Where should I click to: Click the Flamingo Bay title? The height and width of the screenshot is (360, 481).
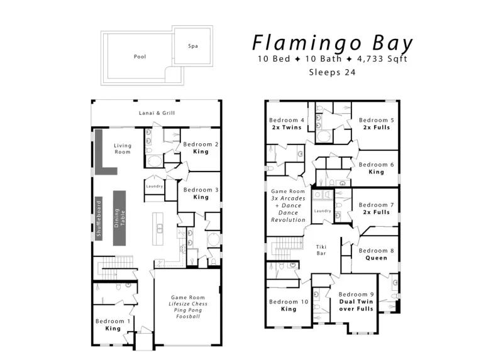(333, 43)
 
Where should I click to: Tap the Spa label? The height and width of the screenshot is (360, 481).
(193, 46)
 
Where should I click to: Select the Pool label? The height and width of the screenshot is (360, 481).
(140, 57)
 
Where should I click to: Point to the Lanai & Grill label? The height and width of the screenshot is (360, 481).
(157, 113)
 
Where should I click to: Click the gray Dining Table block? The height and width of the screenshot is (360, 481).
(119, 218)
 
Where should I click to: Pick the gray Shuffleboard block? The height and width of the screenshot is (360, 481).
(99, 219)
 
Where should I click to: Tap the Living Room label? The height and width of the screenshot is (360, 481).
(123, 149)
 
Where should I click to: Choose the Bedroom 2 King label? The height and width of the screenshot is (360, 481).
(201, 148)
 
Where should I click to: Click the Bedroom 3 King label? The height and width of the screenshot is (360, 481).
(201, 194)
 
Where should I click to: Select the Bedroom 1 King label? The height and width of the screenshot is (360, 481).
(113, 325)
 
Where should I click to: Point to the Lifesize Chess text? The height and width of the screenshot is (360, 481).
(188, 303)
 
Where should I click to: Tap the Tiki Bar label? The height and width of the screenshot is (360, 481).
(321, 250)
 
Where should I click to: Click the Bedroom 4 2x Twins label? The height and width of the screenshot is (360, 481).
(287, 124)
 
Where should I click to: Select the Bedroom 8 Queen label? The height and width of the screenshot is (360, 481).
(377, 254)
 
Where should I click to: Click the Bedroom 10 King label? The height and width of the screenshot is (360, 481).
(289, 305)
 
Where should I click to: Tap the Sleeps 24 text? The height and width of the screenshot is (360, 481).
(332, 72)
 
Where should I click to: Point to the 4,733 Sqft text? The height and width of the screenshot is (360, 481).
(382, 58)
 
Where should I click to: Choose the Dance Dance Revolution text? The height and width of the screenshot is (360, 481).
(288, 212)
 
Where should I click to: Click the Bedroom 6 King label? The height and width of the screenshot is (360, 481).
(377, 168)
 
